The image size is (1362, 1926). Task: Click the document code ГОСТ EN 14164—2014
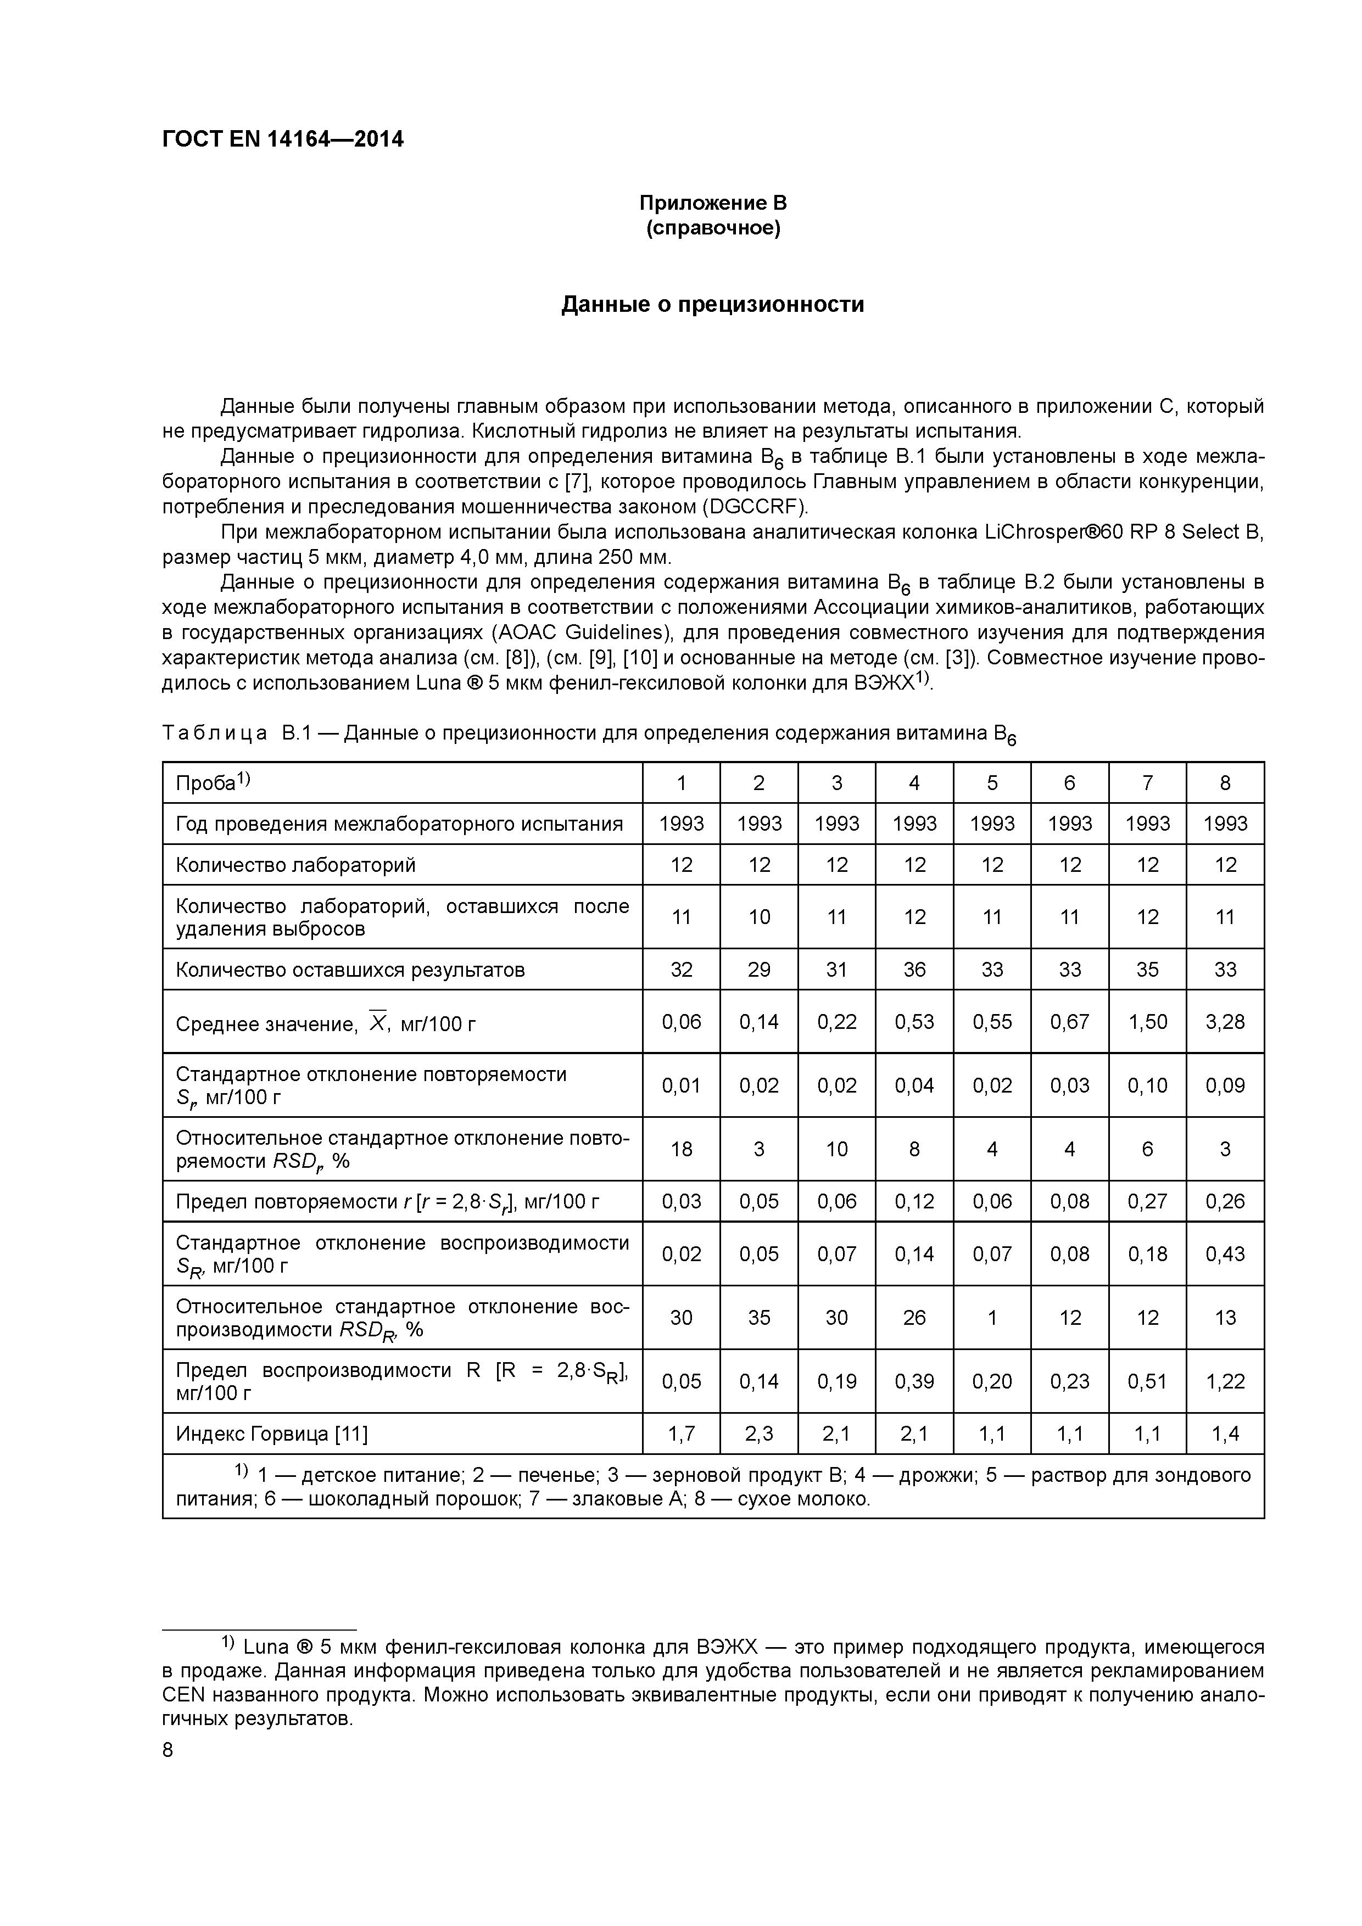click(282, 139)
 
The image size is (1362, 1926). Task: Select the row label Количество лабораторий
click(295, 865)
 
